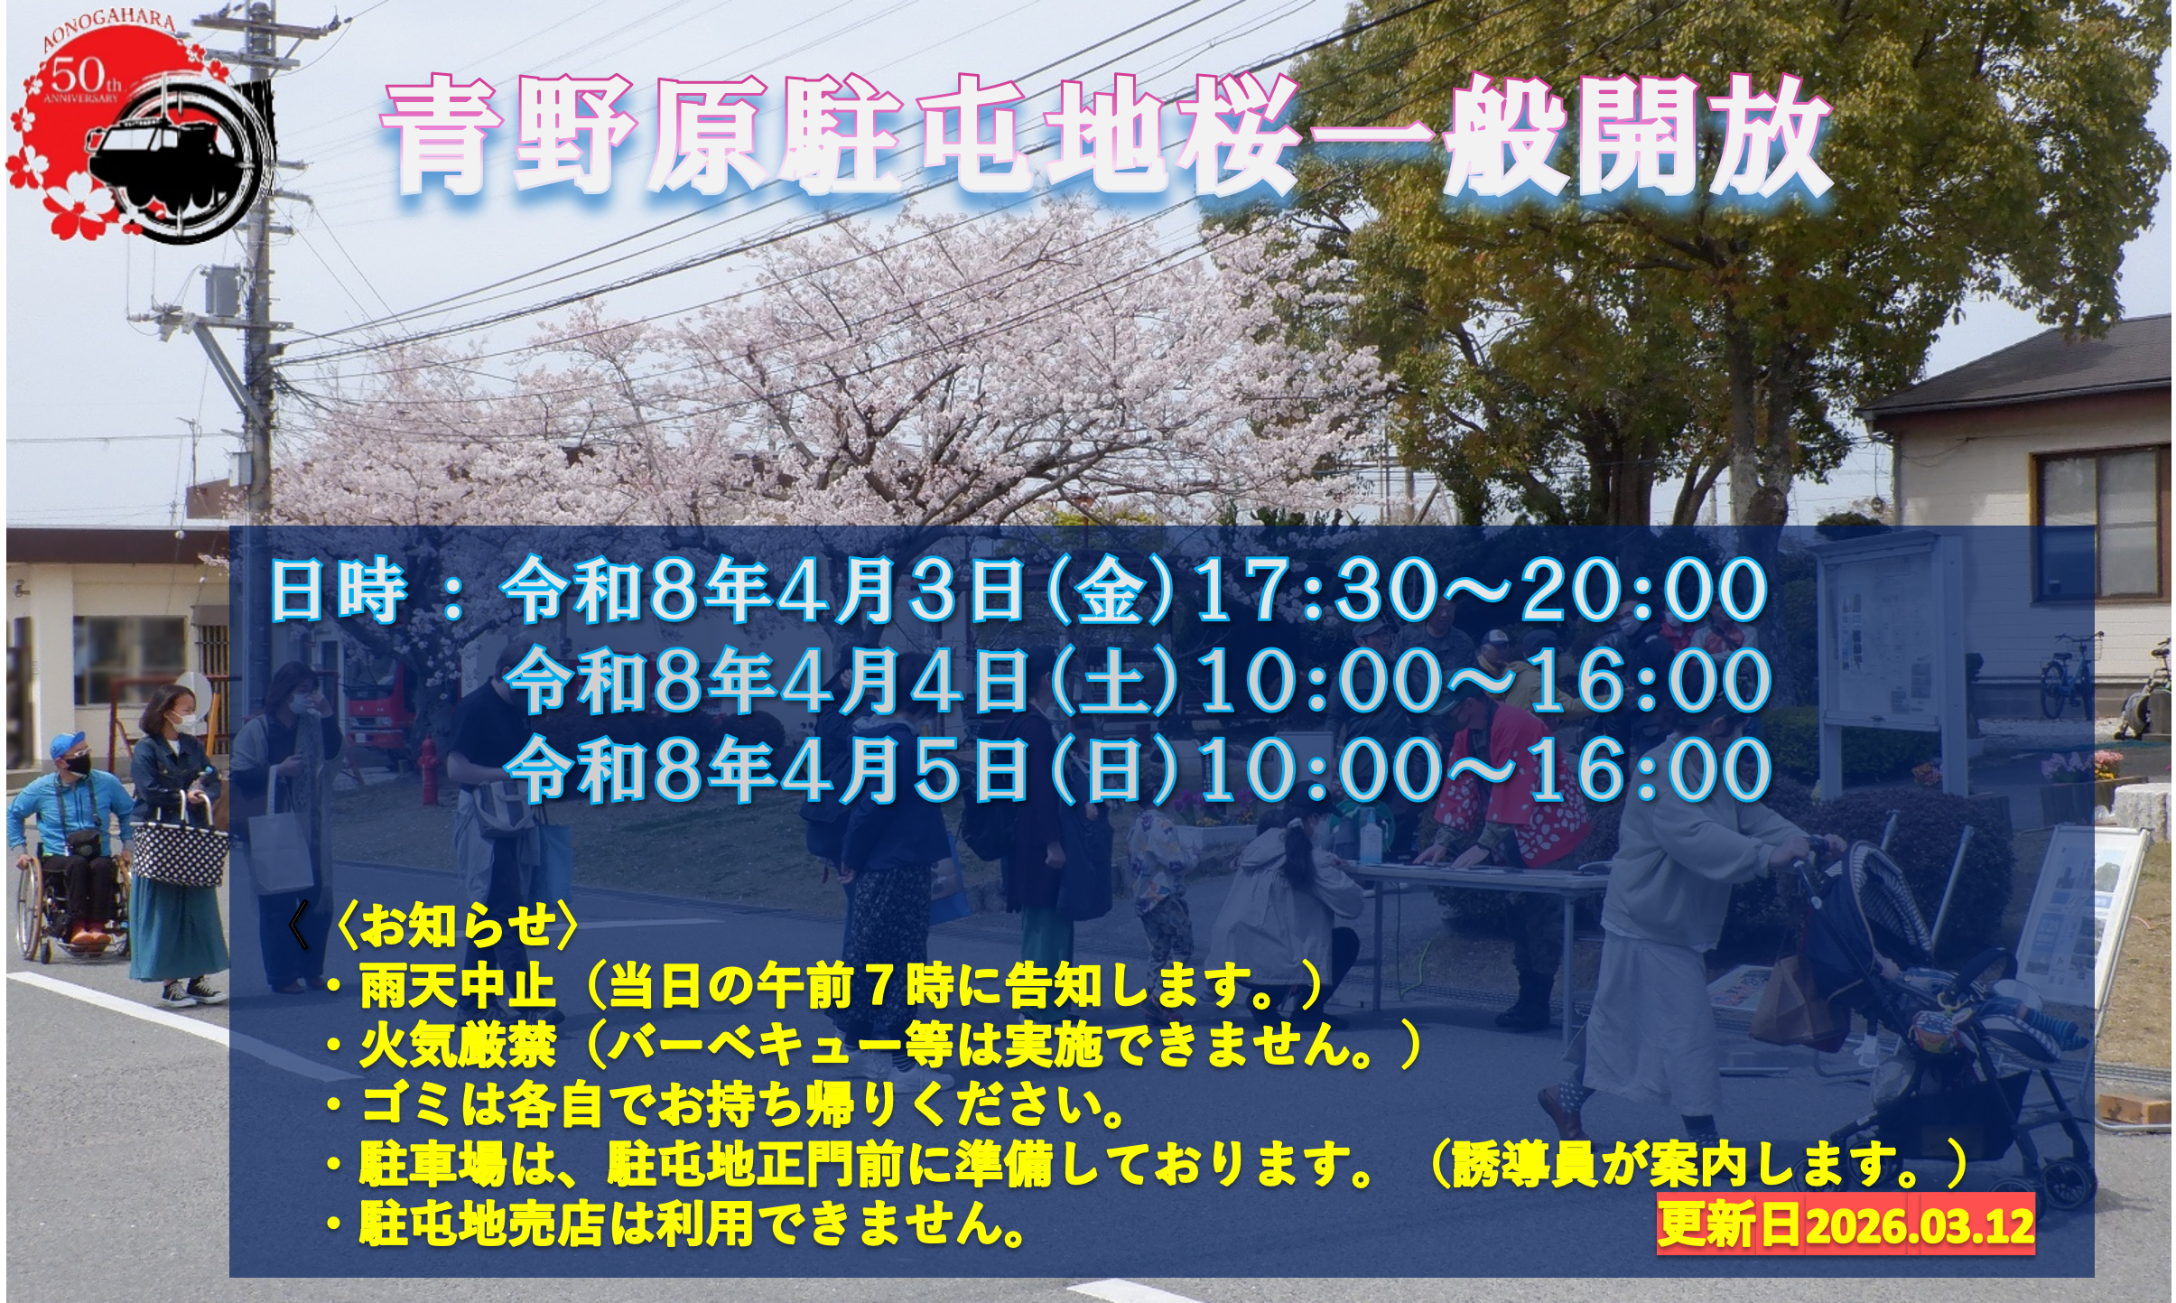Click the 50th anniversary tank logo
coord(140,131)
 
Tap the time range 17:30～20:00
coord(1479,591)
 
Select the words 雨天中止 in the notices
coord(456,987)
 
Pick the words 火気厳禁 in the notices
coord(456,1046)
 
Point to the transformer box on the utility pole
coord(221,289)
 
